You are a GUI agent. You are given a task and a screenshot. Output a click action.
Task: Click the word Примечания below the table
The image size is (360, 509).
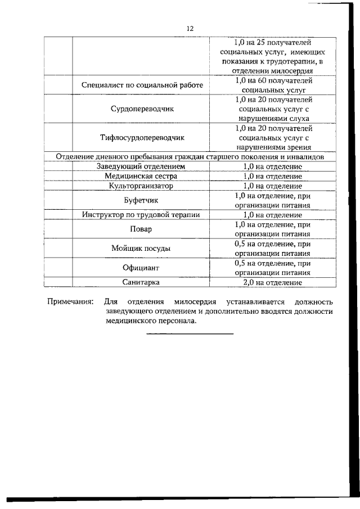pyautogui.click(x=70, y=302)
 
